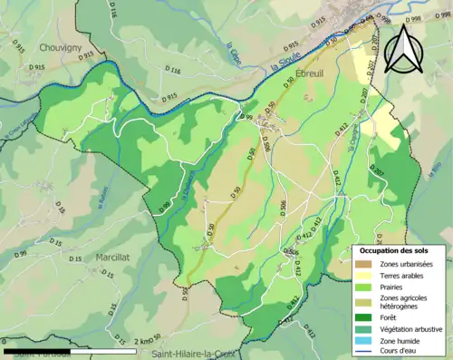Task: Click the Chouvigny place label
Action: click(61, 46)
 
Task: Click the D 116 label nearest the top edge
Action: click(113, 11)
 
